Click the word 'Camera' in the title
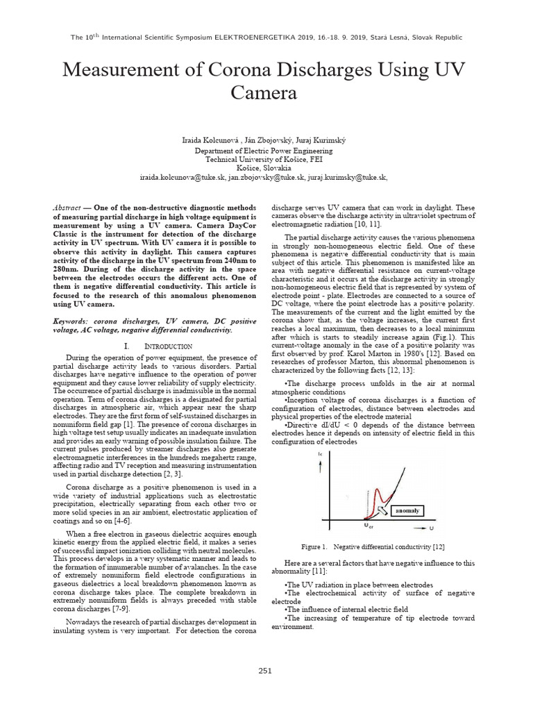pos(265,94)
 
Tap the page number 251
pos(265,670)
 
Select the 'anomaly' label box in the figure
pos(407,510)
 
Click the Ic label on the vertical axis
pos(319,455)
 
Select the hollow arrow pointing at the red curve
pos(383,510)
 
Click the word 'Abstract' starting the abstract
pos(68,208)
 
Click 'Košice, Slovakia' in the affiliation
pos(264,168)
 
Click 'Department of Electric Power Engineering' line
pos(264,150)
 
